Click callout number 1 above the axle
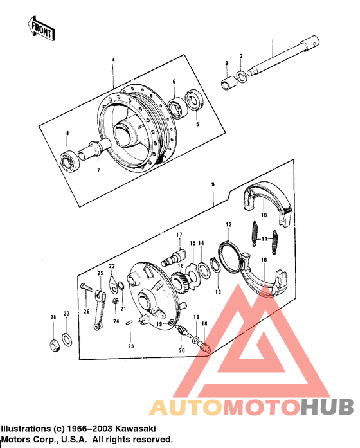click(x=272, y=42)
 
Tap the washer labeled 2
click(x=240, y=77)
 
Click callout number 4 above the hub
click(x=113, y=60)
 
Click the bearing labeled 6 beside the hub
click(x=175, y=107)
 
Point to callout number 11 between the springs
click(x=264, y=238)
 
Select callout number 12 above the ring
click(x=228, y=225)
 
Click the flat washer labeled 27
click(x=66, y=339)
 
